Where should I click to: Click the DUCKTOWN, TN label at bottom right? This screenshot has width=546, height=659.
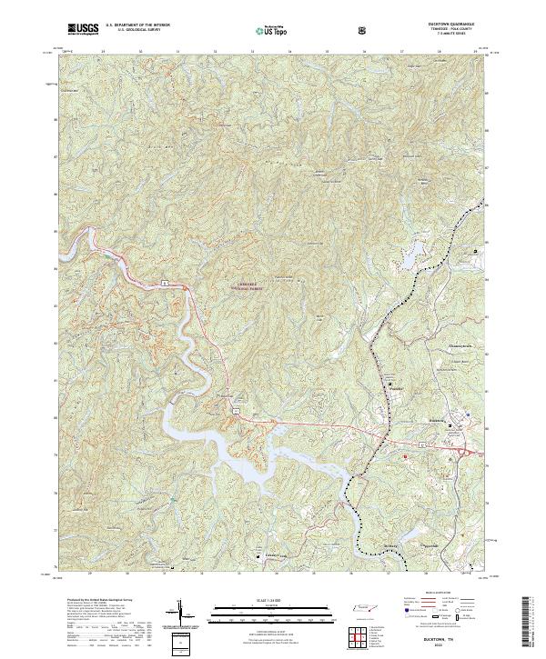455,641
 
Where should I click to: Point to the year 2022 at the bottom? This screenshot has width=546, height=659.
455,647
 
